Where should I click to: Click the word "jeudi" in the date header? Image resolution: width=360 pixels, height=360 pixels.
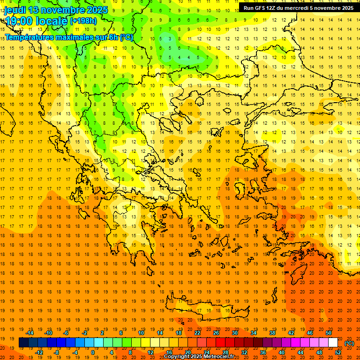(x=15, y=10)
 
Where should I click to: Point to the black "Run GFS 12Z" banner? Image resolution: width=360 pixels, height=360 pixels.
(x=299, y=8)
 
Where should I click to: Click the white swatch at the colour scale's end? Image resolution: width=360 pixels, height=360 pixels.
(x=333, y=343)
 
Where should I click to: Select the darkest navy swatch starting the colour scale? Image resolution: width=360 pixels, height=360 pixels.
(x=23, y=343)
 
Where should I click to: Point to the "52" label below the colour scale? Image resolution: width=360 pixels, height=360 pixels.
(x=338, y=352)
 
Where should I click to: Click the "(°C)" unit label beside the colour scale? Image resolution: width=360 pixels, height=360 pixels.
(x=349, y=343)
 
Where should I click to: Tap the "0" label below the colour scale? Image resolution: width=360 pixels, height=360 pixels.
(x=93, y=352)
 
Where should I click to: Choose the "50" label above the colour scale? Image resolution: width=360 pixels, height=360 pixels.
(x=329, y=333)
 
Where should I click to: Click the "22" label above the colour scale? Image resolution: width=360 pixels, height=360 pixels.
(x=197, y=333)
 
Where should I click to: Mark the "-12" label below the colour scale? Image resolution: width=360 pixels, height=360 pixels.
(x=39, y=352)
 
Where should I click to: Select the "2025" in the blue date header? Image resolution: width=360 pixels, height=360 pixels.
(x=94, y=10)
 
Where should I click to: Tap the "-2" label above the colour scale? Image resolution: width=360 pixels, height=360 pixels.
(x=85, y=333)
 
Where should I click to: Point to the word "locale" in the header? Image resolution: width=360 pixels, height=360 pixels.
(x=50, y=21)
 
